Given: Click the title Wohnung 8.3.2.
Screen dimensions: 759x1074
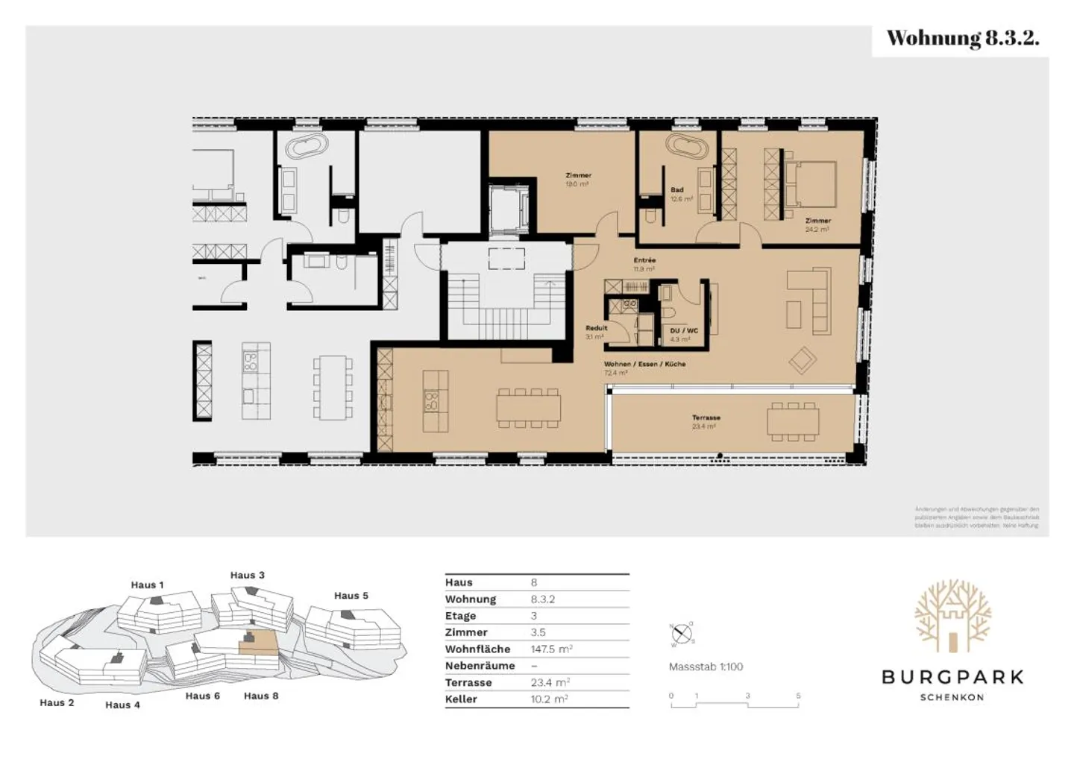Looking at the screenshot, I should pyautogui.click(x=962, y=39).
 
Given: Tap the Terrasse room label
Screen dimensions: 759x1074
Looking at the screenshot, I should pyautogui.click(x=706, y=418).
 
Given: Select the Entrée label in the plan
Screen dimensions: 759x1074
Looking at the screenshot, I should pyautogui.click(x=644, y=260).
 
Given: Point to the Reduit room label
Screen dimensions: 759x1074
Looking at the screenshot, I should pyautogui.click(x=596, y=328).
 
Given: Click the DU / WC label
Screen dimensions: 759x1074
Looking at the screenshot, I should pyautogui.click(x=683, y=330).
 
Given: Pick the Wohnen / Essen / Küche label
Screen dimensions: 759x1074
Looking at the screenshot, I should pyautogui.click(x=644, y=365).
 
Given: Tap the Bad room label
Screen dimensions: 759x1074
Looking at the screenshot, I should pyautogui.click(x=676, y=190).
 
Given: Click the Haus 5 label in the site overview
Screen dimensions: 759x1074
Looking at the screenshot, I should pyautogui.click(x=351, y=596).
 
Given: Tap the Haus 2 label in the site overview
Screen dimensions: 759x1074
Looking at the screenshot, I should pyautogui.click(x=57, y=703).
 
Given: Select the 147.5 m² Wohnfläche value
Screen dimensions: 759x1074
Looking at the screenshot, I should pyautogui.click(x=551, y=649).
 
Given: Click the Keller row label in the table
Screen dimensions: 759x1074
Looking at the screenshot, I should pyautogui.click(x=461, y=699).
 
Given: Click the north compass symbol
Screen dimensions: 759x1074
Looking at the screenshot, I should pyautogui.click(x=682, y=634).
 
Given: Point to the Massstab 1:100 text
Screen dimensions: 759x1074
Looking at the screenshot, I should pyautogui.click(x=706, y=667).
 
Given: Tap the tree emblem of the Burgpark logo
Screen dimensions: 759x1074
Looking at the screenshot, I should pyautogui.click(x=952, y=615).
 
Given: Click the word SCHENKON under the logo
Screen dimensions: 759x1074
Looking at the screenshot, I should pyautogui.click(x=952, y=698).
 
